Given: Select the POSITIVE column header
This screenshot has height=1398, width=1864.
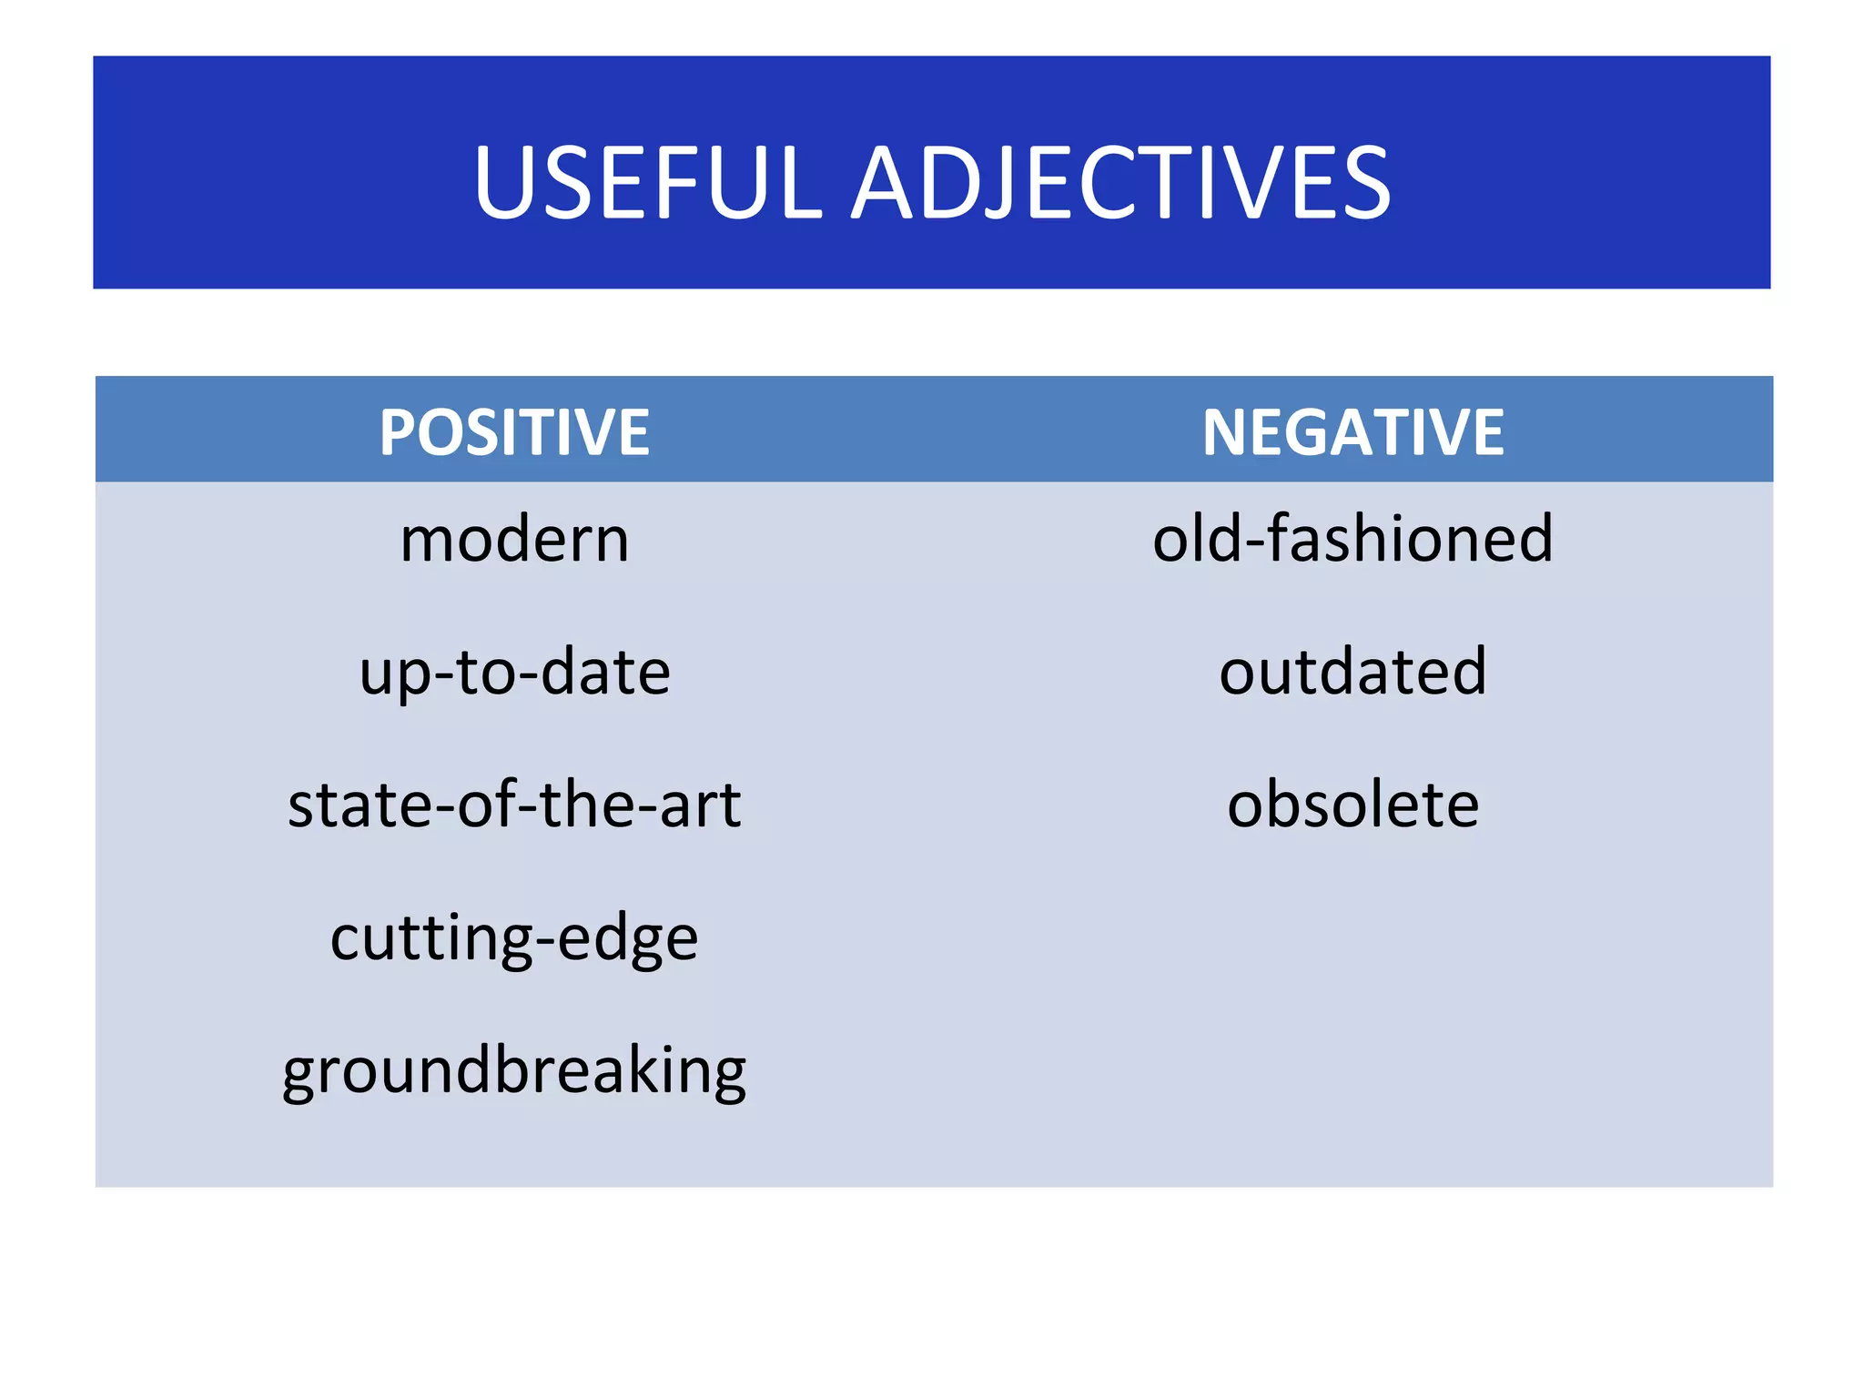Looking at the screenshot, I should pyautogui.click(x=514, y=432).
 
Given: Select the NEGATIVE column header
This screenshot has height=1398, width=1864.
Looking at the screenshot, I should pyautogui.click(x=1352, y=432).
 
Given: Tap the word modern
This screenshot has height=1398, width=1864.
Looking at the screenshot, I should pyautogui.click(x=514, y=540).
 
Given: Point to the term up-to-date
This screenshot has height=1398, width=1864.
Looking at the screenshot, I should pyautogui.click(x=514, y=673).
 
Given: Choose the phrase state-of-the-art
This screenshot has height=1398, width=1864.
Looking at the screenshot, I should pyautogui.click(x=514, y=805).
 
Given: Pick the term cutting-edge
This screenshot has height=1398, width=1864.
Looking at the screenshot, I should pyautogui.click(x=514, y=938).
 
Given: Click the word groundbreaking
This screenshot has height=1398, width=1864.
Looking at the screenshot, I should pyautogui.click(x=514, y=1071).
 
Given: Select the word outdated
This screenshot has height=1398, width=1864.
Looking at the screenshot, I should pyautogui.click(x=1352, y=672).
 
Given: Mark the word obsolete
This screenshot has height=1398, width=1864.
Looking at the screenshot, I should pyautogui.click(x=1352, y=805).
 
